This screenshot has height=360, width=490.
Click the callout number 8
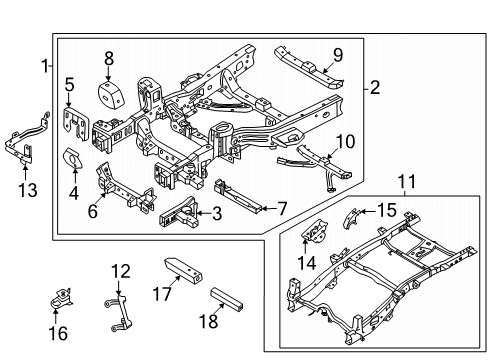pyautogui.click(x=109, y=58)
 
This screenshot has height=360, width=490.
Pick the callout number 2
pyautogui.click(x=375, y=88)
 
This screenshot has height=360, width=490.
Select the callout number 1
pyautogui.click(x=43, y=66)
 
